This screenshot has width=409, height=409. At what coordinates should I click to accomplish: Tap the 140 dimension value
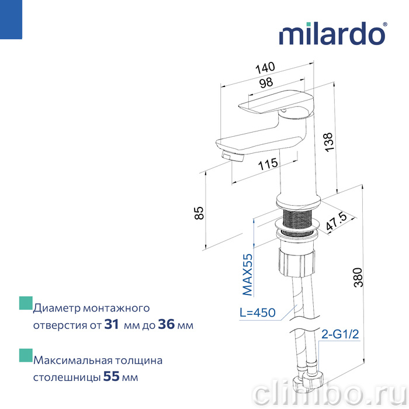265,68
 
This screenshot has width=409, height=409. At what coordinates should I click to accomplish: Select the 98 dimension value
266,83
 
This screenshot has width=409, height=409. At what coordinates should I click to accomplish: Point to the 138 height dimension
329,142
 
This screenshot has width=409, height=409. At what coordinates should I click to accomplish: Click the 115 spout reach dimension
268,164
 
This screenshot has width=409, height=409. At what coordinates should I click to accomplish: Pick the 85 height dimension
199,213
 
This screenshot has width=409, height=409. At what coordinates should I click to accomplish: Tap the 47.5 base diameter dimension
337,222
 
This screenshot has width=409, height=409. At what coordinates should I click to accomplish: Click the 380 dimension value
358,278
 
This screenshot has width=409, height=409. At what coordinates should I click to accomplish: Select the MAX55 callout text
248,275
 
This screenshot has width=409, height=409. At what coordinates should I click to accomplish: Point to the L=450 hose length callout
258,313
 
